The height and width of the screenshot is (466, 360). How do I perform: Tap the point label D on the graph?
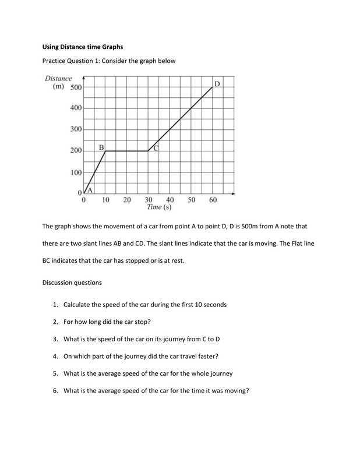click(x=217, y=84)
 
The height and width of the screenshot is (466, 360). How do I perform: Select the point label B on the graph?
click(x=101, y=147)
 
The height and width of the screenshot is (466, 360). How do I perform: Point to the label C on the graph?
click(x=156, y=148)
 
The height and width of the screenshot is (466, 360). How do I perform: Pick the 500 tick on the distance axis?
click(x=76, y=87)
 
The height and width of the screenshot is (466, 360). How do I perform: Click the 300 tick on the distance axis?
click(x=76, y=129)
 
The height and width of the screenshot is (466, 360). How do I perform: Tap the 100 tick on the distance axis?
click(x=76, y=172)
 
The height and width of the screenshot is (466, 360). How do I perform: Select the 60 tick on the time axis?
click(x=213, y=200)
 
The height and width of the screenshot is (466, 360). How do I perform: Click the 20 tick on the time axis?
click(x=127, y=200)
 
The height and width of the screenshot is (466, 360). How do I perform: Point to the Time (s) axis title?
click(x=159, y=207)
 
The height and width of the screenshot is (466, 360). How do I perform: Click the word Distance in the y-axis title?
click(x=58, y=79)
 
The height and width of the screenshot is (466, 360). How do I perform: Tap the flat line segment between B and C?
click(x=127, y=151)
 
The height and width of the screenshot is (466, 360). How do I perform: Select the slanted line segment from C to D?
click(x=181, y=119)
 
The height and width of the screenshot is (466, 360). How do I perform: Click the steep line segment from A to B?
click(x=95, y=171)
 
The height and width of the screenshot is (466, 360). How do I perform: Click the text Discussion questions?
click(x=72, y=283)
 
